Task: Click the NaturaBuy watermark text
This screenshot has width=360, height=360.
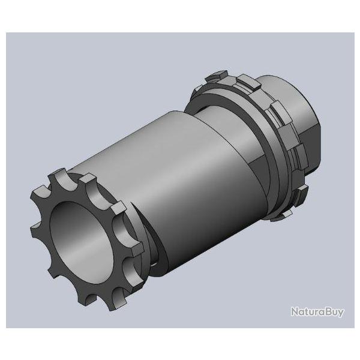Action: click(317, 312)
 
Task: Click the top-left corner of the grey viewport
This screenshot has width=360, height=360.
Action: click(7, 34)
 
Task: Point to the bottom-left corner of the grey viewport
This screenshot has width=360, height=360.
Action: click(7, 329)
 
